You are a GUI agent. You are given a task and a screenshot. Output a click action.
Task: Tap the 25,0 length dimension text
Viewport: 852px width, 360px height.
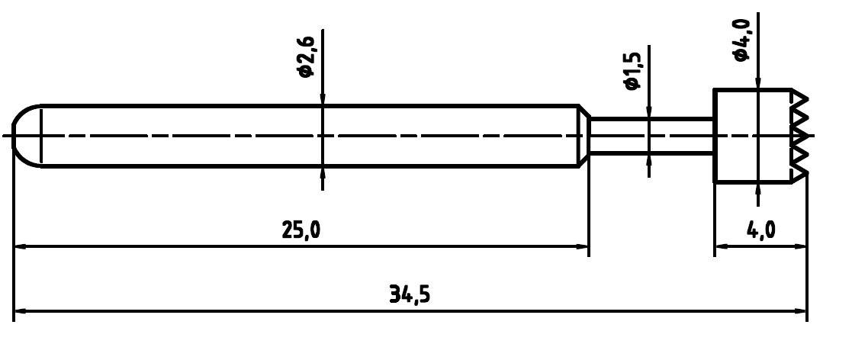pyautogui.click(x=302, y=230)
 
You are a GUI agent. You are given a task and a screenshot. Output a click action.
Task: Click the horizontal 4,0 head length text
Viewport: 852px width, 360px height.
pyautogui.click(x=760, y=230)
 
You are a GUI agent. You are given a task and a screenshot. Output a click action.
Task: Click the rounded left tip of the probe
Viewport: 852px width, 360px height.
pyautogui.click(x=23, y=136)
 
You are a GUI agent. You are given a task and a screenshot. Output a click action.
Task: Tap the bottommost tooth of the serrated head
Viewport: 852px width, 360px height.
pyautogui.click(x=801, y=173)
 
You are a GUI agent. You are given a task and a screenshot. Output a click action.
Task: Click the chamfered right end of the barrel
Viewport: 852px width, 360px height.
pyautogui.click(x=584, y=136)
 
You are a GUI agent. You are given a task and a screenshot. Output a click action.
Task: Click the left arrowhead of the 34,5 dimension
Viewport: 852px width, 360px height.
pyautogui.click(x=21, y=311)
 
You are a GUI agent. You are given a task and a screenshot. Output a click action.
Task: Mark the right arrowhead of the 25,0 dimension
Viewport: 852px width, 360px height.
pyautogui.click(x=581, y=246)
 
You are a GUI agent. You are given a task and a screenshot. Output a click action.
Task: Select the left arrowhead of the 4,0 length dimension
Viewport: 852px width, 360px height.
pyautogui.click(x=721, y=246)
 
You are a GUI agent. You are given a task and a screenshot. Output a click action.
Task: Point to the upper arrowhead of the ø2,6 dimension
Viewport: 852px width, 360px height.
pyautogui.click(x=323, y=99)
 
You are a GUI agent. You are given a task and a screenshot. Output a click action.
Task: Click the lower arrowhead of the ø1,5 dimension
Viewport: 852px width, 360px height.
pyautogui.click(x=649, y=159)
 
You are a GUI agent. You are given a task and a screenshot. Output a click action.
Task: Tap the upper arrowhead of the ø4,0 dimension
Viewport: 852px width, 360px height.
pyautogui.click(x=757, y=83)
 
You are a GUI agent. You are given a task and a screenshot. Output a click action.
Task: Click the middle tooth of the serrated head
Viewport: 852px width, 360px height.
pyautogui.click(x=801, y=136)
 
